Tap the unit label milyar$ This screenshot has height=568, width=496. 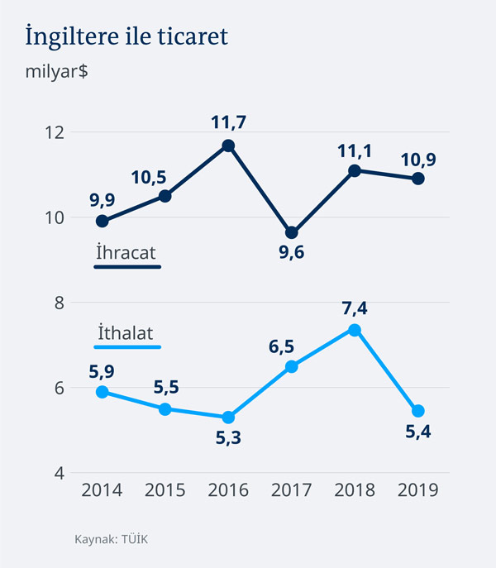(57, 71)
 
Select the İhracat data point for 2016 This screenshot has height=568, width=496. (228, 146)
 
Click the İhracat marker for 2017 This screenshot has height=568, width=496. (291, 233)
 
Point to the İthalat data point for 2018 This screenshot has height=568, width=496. (355, 330)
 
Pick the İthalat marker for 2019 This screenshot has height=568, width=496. (418, 411)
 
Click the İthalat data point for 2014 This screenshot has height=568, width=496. (103, 392)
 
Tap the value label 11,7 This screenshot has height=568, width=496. (228, 123)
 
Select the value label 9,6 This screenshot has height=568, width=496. (291, 254)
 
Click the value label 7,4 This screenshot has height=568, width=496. (355, 308)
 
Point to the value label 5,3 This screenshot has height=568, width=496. (228, 438)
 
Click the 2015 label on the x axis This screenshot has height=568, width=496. (165, 490)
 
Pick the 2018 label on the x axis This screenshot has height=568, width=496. (355, 490)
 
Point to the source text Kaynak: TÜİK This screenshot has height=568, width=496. (111, 539)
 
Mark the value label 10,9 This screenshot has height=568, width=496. (418, 156)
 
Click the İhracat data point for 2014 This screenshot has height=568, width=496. (103, 221)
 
